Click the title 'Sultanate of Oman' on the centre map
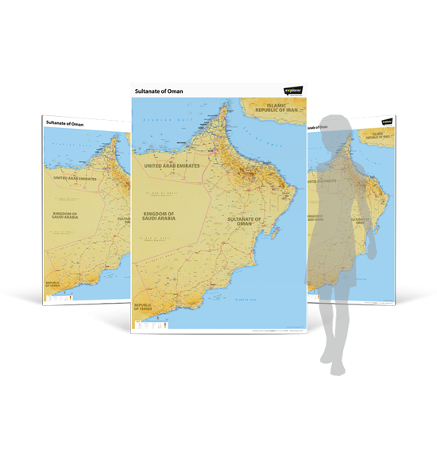[160, 91]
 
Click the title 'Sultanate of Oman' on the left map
[64, 124]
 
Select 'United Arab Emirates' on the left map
[75, 179]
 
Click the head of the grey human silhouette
[338, 128]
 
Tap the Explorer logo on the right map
[388, 122]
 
